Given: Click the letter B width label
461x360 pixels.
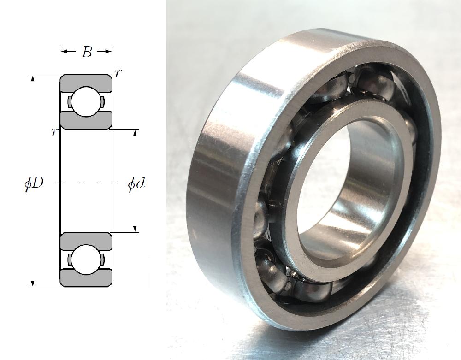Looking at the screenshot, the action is [x=87, y=52].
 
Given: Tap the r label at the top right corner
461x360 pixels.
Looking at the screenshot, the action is [x=117, y=73].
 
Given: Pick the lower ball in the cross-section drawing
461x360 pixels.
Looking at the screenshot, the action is [x=86, y=260].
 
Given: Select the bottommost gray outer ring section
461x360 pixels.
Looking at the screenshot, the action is [x=86, y=277].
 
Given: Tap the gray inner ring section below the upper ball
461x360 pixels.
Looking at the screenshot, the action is [x=86, y=120].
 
